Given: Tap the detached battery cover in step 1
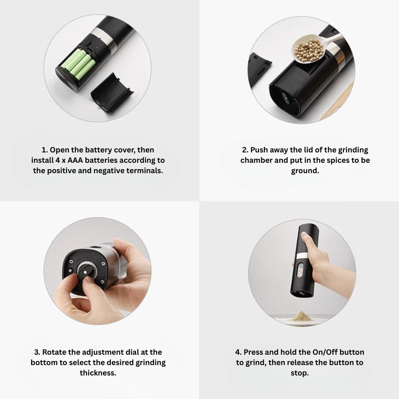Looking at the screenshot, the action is coord(113,93).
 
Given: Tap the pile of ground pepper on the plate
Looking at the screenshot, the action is coord(301,316).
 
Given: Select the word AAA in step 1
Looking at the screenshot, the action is coord(75,160).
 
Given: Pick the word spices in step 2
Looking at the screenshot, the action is coord(336,160).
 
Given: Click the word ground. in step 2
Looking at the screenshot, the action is coord(305,171).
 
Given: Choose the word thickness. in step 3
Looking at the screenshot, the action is coord(98,373).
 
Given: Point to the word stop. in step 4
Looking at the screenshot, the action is coord(300,373).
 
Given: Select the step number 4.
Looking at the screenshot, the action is coord(238,352).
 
